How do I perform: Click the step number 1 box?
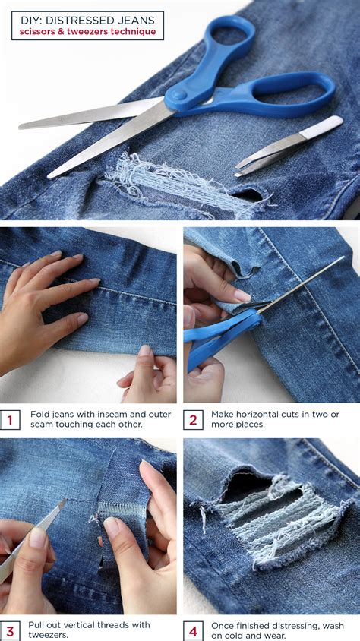click(11, 419)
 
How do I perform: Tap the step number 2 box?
click(193, 419)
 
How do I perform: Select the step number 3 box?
click(11, 630)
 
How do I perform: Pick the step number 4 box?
click(193, 630)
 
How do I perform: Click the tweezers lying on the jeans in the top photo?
click(289, 148)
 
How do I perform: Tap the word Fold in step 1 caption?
click(40, 414)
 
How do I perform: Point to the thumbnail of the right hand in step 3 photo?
click(112, 525)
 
